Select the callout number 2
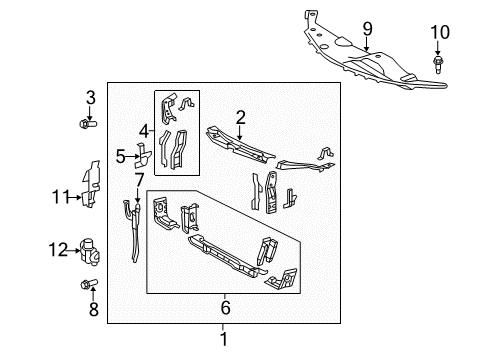pyautogui.click(x=240, y=118)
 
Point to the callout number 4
pyautogui.click(x=143, y=130)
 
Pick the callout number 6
pyautogui.click(x=225, y=307)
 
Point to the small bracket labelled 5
pyautogui.click(x=142, y=157)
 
